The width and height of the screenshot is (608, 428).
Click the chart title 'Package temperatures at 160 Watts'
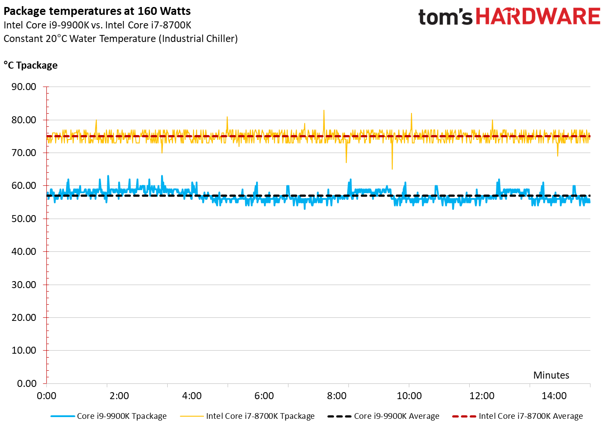point(97,11)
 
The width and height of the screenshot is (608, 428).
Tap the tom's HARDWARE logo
point(509,17)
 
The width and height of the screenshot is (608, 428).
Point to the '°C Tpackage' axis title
point(31,66)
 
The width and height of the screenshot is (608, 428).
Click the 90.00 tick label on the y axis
point(24,87)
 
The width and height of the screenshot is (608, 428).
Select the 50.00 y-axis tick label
point(24,219)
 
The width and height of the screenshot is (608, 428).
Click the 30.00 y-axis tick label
point(24,285)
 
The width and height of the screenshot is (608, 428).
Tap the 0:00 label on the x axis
point(47,396)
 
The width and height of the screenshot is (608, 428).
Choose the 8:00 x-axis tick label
point(337,396)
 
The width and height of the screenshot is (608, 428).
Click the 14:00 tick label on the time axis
point(554,396)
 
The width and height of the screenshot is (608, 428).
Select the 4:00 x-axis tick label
point(192,396)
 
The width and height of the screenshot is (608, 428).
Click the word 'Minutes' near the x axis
point(551,375)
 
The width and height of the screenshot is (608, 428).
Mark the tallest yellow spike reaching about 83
point(324,111)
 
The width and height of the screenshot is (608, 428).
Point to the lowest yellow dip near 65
point(392,168)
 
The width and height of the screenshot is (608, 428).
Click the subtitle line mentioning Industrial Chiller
point(121,38)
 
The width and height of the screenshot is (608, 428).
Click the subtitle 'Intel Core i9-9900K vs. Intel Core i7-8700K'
point(98,25)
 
